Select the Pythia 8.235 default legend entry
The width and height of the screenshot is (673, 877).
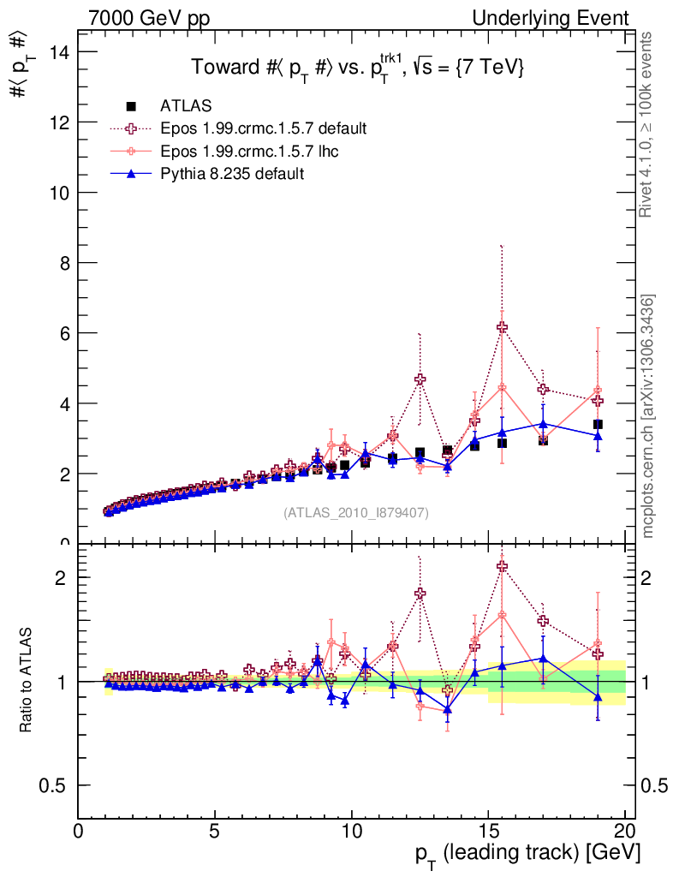click(231, 173)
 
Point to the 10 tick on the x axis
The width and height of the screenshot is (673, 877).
click(351, 831)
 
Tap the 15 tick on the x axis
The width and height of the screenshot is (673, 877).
click(488, 831)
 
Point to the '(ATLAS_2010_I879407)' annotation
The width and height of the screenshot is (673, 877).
click(356, 512)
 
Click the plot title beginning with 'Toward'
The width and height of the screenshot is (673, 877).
click(357, 69)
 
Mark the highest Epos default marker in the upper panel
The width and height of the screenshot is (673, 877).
click(502, 327)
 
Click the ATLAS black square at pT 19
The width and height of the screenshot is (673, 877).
click(598, 424)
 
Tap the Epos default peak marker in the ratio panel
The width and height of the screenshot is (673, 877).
click(502, 566)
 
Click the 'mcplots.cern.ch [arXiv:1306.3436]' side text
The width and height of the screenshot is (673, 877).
click(648, 416)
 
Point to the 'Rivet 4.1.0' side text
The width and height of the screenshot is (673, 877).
click(648, 124)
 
